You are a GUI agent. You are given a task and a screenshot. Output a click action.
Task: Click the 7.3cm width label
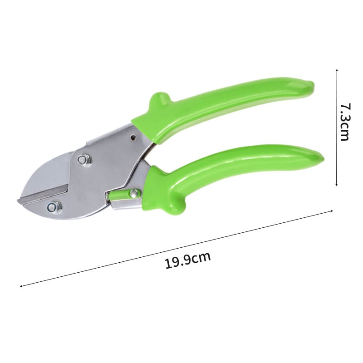pos(345,122)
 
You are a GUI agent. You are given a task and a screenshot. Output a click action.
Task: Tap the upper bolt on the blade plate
pos(82,160)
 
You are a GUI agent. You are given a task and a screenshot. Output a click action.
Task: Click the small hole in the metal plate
pos(133,137)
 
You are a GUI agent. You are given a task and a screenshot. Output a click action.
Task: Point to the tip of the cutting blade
pos(18,200)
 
